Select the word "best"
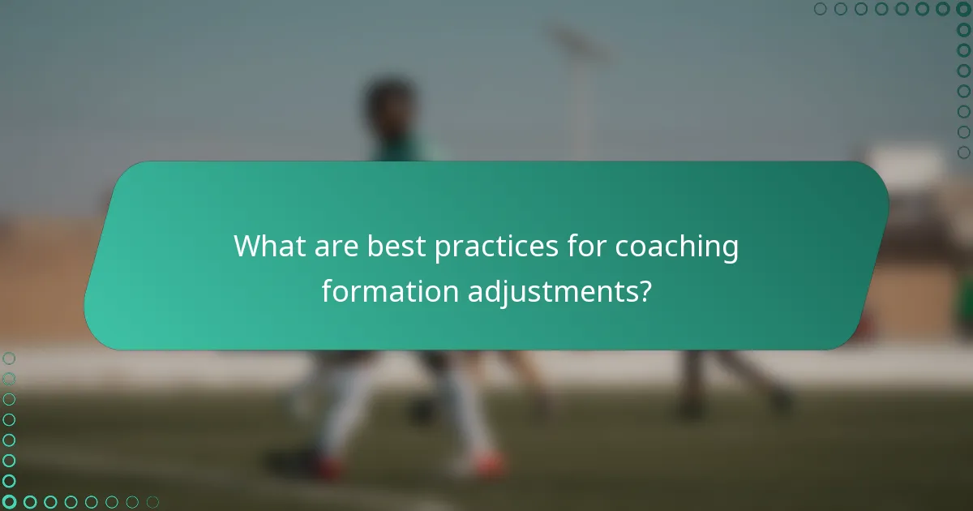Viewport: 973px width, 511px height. [x=396, y=247]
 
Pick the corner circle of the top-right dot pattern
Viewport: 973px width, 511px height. [x=963, y=9]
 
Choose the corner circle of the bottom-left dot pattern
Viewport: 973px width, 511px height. [x=9, y=501]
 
